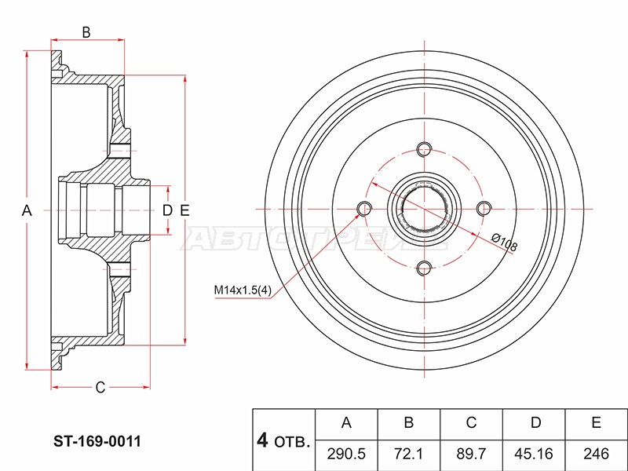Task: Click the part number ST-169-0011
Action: pos(97,441)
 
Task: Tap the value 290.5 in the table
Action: pos(346,454)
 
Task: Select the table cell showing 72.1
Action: pos(409,454)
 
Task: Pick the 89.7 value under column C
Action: pos(471,454)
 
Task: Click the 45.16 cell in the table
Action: pos(534,454)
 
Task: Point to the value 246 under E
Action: pos(597,454)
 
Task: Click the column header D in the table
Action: pos(535,422)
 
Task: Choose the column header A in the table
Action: pos(346,422)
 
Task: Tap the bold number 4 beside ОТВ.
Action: pos(262,440)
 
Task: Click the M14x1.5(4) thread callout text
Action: pos(243,290)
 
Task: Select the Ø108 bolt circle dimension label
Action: pos(504,243)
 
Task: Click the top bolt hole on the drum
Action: pos(424,149)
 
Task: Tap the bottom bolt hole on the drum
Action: pos(424,268)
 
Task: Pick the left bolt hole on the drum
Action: pos(364,209)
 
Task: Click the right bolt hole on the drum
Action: pos(484,209)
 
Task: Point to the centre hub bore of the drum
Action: pos(424,209)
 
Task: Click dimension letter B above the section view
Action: pos(86,32)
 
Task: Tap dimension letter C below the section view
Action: pos(100,387)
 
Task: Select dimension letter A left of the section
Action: pos(27,210)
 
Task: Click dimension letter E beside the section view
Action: pos(184,210)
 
